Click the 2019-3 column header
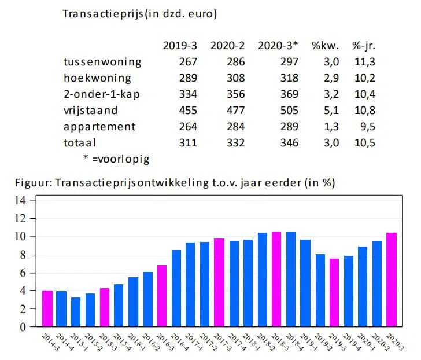(x=180, y=46)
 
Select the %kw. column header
(x=324, y=46)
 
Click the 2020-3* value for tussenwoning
(x=289, y=62)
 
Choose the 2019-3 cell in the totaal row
(x=188, y=142)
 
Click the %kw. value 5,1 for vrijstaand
(x=327, y=110)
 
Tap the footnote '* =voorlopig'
(x=116, y=158)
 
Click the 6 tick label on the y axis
(x=23, y=273)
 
